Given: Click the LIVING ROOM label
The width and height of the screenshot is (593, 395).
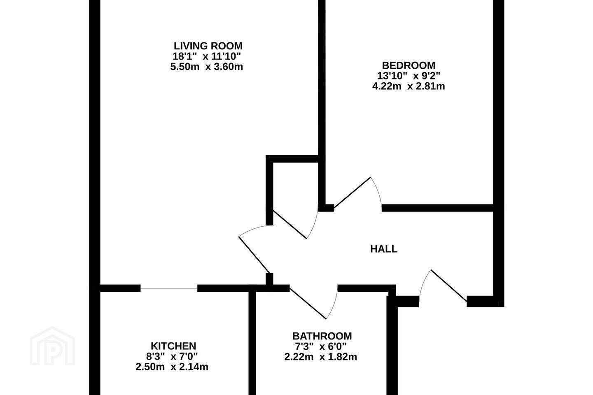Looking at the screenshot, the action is click(x=208, y=46).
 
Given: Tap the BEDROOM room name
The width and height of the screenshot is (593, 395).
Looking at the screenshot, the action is click(x=409, y=65).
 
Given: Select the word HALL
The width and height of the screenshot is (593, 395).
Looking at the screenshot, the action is click(x=384, y=249).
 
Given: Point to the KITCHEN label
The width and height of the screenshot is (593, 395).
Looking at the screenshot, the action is click(x=173, y=346).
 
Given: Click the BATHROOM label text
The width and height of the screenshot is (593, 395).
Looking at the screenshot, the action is click(x=322, y=336).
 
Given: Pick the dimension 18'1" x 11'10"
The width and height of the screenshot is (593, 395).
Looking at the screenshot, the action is click(x=207, y=56).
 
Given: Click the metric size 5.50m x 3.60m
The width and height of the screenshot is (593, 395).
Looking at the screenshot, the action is click(x=206, y=67).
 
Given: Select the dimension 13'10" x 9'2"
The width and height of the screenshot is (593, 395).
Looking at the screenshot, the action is click(x=409, y=76).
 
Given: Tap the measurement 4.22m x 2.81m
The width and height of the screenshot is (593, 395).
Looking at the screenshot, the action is click(x=409, y=86).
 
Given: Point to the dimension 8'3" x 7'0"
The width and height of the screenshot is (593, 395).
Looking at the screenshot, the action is click(x=172, y=357).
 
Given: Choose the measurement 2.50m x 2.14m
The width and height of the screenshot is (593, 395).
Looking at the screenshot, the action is click(x=172, y=367).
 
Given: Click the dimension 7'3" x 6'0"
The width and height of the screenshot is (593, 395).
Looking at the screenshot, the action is click(x=320, y=346).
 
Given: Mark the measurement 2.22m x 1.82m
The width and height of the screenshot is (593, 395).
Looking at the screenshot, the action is click(x=320, y=357).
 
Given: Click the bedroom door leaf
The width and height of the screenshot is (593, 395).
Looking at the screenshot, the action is click(x=352, y=192).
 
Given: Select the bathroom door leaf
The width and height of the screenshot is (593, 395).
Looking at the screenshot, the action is click(x=308, y=303).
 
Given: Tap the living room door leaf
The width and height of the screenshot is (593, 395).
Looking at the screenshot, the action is click(x=254, y=254).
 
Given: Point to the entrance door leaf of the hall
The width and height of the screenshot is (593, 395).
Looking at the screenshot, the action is click(x=449, y=286).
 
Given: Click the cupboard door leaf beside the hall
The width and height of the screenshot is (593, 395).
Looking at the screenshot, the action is click(x=290, y=224).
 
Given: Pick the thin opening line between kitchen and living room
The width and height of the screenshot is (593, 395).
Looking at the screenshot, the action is click(x=169, y=288).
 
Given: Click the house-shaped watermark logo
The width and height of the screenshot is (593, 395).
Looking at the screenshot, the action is click(x=52, y=346).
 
